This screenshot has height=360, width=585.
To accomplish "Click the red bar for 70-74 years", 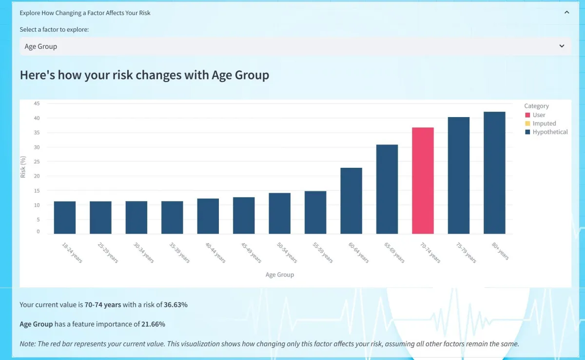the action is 423,180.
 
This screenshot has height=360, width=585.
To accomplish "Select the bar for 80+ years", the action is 494,173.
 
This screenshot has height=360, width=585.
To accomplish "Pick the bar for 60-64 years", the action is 351,200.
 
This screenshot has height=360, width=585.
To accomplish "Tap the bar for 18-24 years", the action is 65,218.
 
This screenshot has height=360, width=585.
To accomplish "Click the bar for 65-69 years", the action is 387,189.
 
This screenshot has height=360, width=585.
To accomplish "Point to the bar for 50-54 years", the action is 279,213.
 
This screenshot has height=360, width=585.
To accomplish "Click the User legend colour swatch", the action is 527,115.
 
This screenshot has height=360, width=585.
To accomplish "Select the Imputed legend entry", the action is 540,123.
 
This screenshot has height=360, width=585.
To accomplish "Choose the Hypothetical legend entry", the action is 546,132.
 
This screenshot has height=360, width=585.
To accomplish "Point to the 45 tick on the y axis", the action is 37,103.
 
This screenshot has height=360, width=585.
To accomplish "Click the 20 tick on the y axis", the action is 37,176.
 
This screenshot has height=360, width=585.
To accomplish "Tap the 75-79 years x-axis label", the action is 467,252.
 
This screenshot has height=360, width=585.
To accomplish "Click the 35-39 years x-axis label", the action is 180,252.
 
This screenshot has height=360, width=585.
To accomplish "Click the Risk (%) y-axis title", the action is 23,167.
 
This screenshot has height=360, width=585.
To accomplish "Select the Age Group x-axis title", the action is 280,275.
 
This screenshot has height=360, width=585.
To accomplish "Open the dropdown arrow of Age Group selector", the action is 562,46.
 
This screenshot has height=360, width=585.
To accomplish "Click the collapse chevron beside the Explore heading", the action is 566,12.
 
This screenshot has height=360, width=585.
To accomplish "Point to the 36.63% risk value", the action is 175,304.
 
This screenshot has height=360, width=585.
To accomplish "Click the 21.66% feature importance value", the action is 153,324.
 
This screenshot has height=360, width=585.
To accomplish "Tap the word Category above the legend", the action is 536,106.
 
